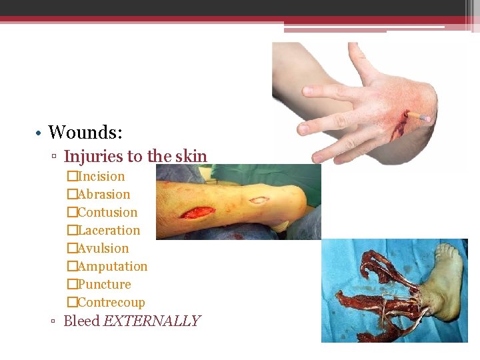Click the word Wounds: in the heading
(85, 132)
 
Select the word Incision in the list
(101, 177)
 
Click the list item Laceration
(109, 231)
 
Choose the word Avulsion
(103, 249)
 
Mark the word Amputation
(112, 267)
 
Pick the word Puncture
(104, 285)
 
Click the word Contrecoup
(111, 303)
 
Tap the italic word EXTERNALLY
(151, 321)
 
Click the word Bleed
(81, 321)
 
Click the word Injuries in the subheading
(93, 157)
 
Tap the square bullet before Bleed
(54, 322)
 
